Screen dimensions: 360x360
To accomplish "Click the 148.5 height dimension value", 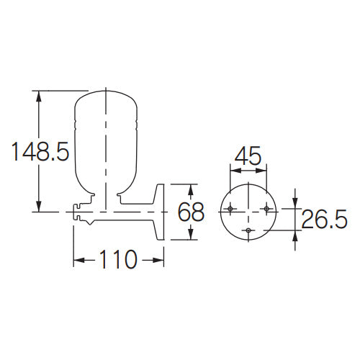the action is (x=40, y=151).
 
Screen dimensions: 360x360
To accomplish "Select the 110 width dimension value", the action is (x=118, y=259).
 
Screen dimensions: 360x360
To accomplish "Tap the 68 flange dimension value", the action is (x=191, y=212).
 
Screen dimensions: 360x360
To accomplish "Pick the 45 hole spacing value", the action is (x=248, y=156).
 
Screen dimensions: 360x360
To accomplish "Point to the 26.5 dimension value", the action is (x=324, y=219).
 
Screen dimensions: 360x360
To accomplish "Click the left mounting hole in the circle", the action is (x=230, y=209).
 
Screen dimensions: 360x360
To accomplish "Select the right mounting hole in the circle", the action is (x=266, y=209).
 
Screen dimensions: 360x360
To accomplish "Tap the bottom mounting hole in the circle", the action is (x=248, y=230).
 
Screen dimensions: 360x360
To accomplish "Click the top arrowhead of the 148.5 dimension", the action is (x=38, y=96).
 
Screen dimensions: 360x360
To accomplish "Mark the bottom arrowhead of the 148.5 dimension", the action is (x=38, y=206).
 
